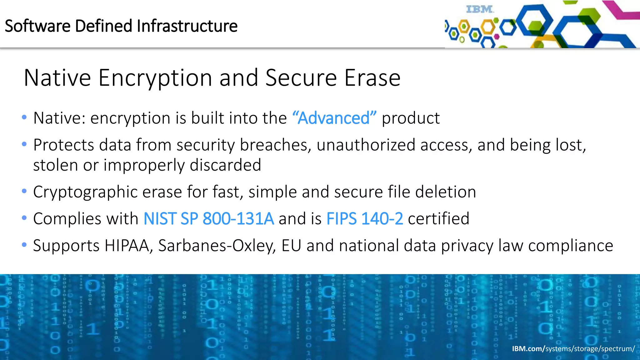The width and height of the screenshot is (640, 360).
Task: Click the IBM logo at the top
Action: point(480,9)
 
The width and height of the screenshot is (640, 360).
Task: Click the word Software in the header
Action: point(37,26)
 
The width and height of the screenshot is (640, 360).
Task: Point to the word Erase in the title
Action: point(372,78)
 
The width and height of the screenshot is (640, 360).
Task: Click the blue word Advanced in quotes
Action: point(334,118)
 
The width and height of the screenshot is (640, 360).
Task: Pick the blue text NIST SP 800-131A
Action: point(209,218)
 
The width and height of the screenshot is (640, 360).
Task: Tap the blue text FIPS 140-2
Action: point(365,218)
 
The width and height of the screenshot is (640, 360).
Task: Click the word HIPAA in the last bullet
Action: point(128,246)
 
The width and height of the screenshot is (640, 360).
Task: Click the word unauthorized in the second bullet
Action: point(366,145)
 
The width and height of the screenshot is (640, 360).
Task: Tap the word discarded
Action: point(225,165)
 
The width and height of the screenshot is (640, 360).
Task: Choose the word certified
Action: point(438,218)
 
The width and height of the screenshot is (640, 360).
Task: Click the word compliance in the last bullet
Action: point(571,246)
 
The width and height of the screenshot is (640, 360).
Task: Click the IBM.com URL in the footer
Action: point(573,348)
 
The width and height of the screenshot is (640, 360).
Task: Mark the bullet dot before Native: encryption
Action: point(24,117)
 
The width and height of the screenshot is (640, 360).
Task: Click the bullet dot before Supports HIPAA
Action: point(24,245)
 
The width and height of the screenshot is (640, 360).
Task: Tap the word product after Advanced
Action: point(411,118)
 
